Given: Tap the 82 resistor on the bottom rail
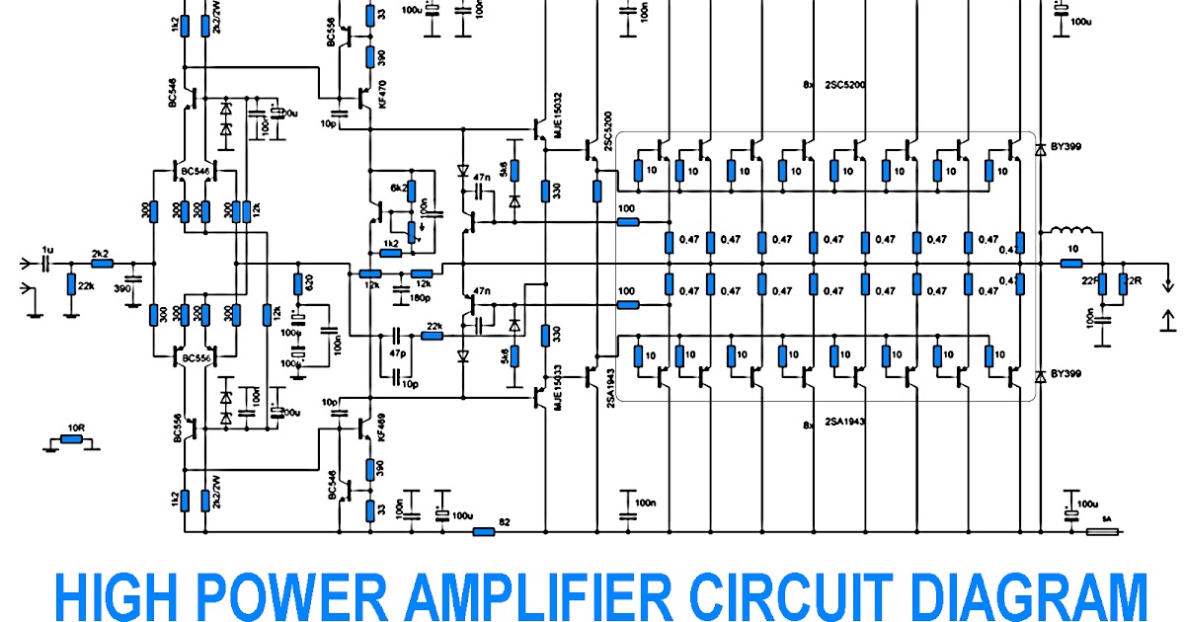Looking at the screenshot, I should click(x=483, y=532).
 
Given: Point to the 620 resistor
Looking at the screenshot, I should click(x=297, y=284).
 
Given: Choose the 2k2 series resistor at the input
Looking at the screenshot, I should click(x=101, y=265).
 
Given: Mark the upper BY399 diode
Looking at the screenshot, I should click(x=1039, y=150).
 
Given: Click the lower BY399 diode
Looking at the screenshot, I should click(x=1039, y=377).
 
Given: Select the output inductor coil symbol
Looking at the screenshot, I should click(x=1069, y=234).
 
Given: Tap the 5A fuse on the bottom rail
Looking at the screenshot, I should click(x=1101, y=532).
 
